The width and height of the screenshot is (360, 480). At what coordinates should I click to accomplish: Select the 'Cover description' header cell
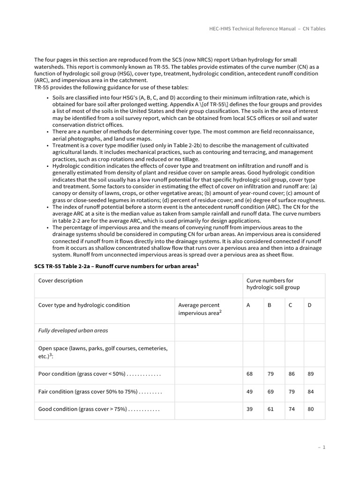pos(60,280)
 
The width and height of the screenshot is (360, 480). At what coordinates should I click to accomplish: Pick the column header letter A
pos(248,305)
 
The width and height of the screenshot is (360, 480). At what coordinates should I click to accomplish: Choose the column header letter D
pos(309,305)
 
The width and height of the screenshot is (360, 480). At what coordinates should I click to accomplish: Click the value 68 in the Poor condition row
pos(249,374)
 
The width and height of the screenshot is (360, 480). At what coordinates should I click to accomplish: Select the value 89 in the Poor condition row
pos(310,374)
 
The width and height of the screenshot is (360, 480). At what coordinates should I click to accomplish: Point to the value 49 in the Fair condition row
pos(249,391)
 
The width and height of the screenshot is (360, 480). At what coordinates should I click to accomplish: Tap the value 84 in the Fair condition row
pos(310,391)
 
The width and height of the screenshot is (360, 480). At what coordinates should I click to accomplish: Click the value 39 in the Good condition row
pos(249,409)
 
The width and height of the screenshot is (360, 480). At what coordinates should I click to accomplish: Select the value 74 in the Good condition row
pos(291,409)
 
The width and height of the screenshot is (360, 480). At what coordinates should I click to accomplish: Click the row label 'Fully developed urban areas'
pos(73,330)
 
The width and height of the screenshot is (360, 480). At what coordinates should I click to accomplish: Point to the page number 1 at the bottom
pos(323,447)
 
